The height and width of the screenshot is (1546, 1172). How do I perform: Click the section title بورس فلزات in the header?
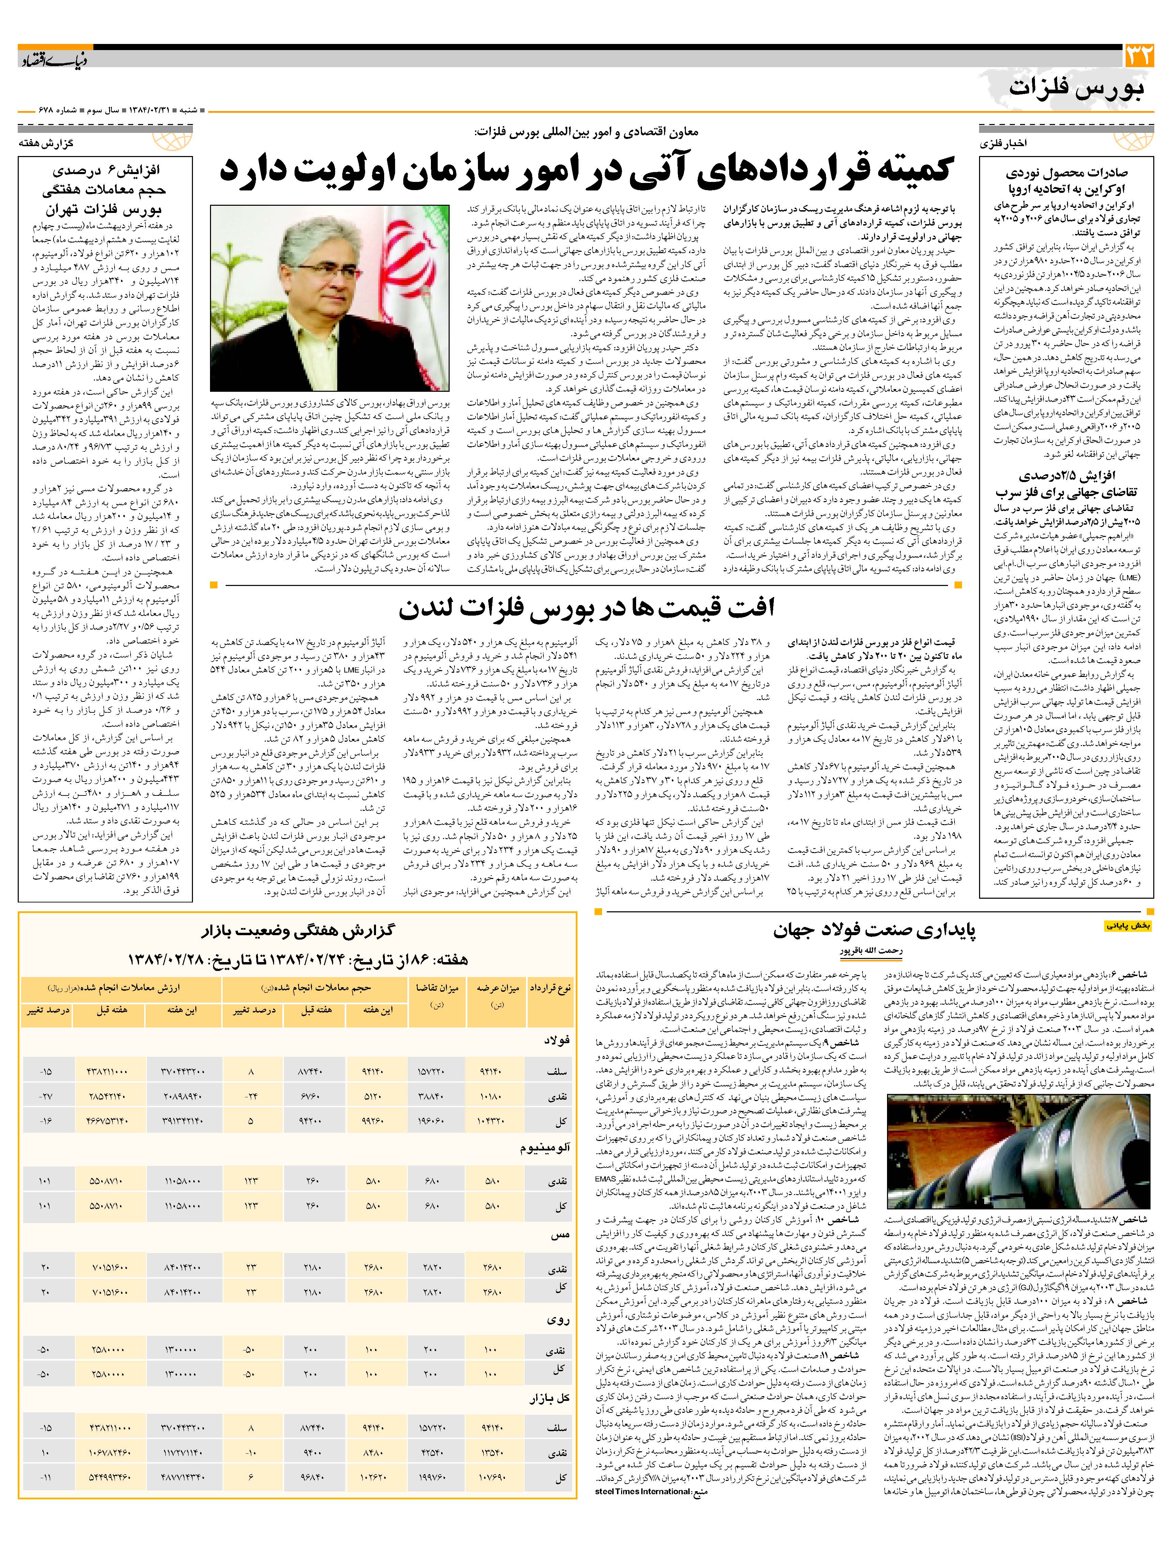click(x=1077, y=88)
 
